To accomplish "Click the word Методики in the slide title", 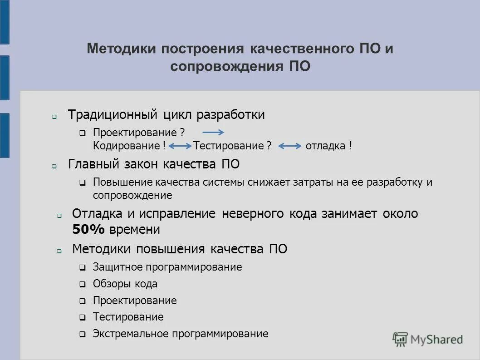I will [119, 49].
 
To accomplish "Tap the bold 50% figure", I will [88, 230].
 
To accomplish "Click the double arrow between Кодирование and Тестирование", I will [180, 146].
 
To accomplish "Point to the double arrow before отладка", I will [290, 146].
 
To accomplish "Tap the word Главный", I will [93, 164].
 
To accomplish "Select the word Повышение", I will [119, 182].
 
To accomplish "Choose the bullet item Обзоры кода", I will [125, 284].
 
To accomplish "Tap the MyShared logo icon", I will [400, 339].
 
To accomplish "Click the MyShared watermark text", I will [436, 340].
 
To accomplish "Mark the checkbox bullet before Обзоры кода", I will [83, 285].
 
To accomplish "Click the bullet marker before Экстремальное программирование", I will [83, 335].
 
